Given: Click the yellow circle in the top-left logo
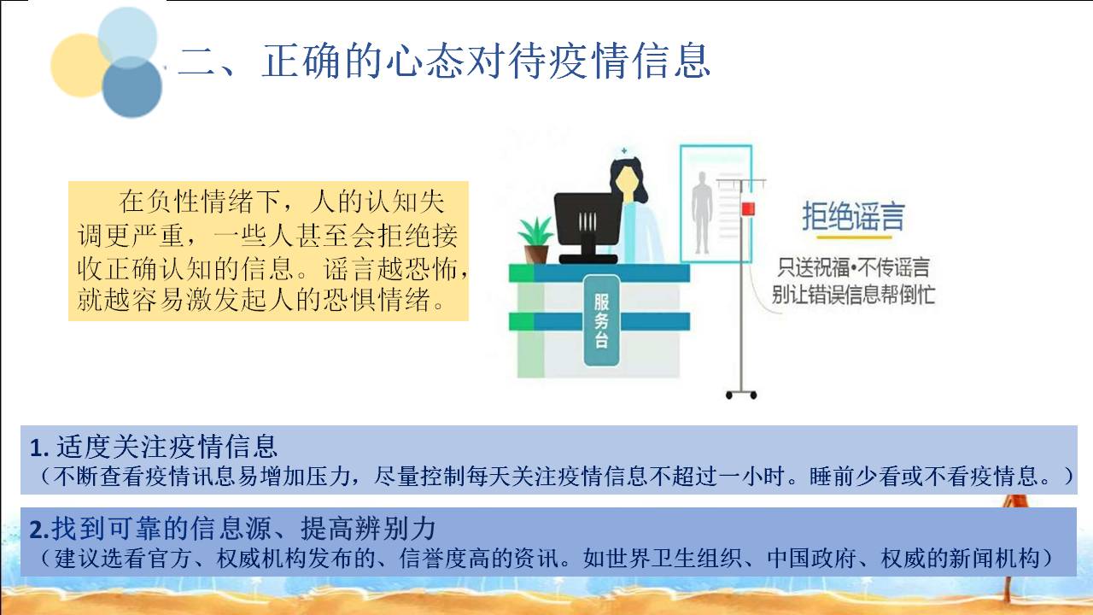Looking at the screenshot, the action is click(x=78, y=66).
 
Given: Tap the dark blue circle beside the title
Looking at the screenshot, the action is click(x=132, y=87).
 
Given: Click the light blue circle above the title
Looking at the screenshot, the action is click(x=127, y=38).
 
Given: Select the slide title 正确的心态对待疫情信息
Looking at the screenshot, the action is click(x=486, y=61).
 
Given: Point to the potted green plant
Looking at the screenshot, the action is click(x=536, y=240).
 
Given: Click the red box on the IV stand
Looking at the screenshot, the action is click(x=748, y=209).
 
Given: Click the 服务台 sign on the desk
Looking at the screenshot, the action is click(x=602, y=320).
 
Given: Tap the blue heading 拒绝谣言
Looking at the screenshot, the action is click(x=853, y=216).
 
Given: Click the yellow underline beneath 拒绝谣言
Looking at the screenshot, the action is click(x=855, y=237).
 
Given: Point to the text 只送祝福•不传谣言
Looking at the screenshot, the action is click(x=853, y=267).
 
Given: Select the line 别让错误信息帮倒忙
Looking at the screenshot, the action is click(x=853, y=295).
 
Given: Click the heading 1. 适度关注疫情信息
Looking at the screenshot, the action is click(x=153, y=446).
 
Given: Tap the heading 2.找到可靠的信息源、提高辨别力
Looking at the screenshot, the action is click(x=232, y=528).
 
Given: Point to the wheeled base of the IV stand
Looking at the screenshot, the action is click(x=741, y=394).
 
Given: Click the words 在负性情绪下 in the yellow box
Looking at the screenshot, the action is click(x=199, y=202).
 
